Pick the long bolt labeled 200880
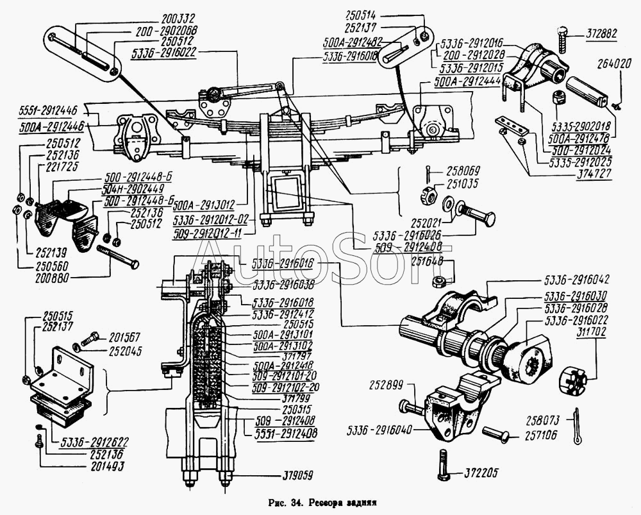(x=118, y=256)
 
